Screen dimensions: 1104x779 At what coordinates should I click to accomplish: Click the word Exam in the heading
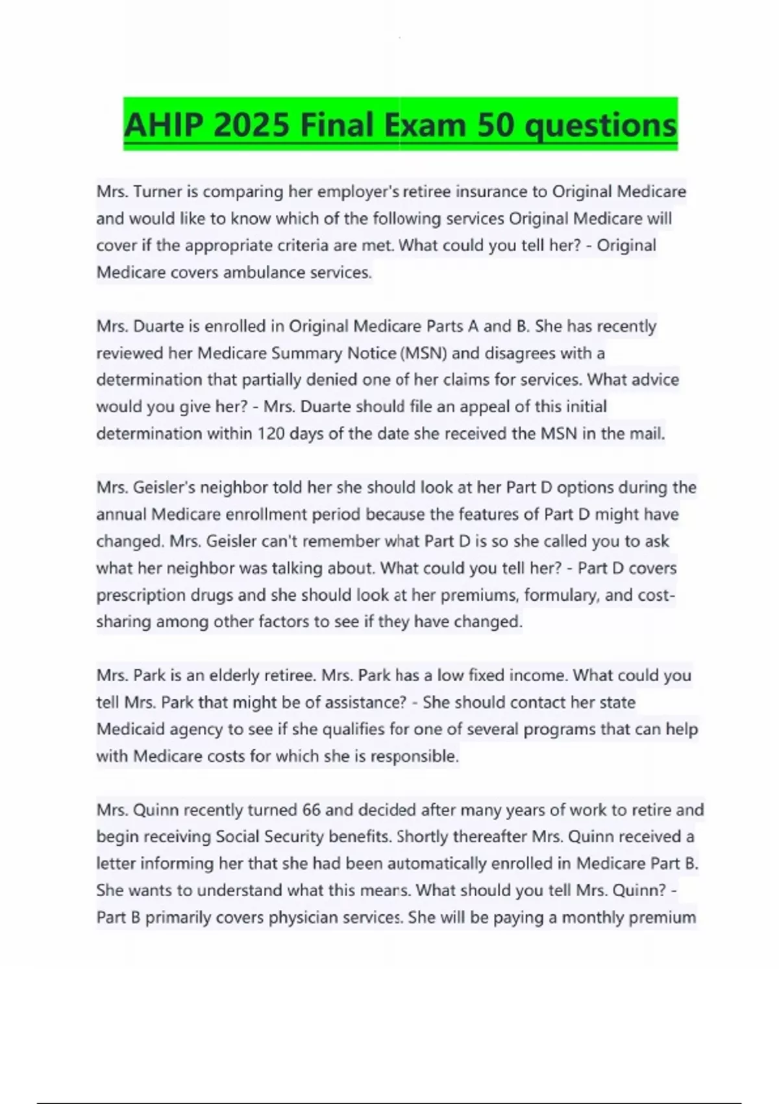[425, 125]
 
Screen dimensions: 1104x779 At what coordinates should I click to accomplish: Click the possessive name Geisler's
[163, 488]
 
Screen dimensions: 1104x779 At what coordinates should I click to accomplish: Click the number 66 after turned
[312, 810]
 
